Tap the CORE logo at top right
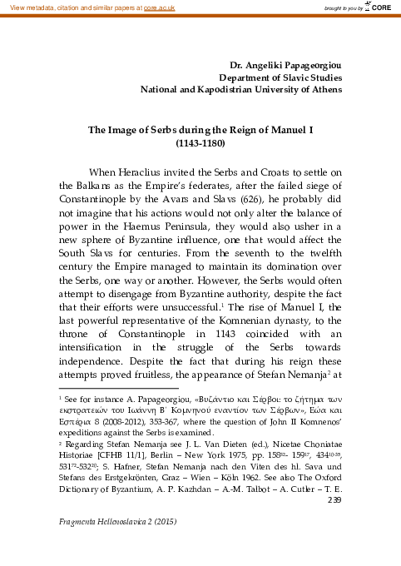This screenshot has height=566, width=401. (377, 7)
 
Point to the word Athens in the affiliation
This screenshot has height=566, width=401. (323, 89)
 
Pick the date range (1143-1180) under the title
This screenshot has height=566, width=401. (200, 143)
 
